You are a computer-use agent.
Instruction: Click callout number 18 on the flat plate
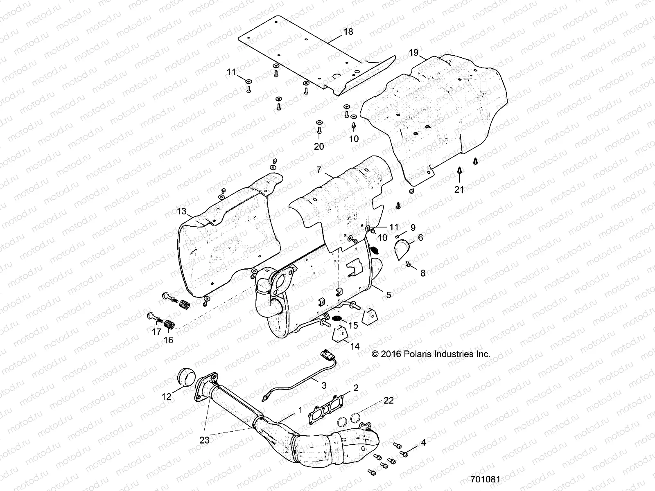click(x=348, y=32)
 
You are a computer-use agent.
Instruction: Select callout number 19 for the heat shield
click(x=413, y=52)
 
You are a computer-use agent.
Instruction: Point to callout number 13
click(x=182, y=212)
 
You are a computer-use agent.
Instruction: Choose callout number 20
click(x=319, y=146)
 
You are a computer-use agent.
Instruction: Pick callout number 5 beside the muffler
click(x=388, y=294)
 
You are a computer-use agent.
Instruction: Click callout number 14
click(x=355, y=347)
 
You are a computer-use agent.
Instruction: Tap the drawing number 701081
click(x=485, y=479)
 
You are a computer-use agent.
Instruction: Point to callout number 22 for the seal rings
click(x=388, y=400)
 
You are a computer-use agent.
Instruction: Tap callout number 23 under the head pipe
click(x=205, y=440)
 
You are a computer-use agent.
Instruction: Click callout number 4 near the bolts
click(x=423, y=442)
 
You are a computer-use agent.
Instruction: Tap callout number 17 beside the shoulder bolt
click(x=156, y=332)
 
